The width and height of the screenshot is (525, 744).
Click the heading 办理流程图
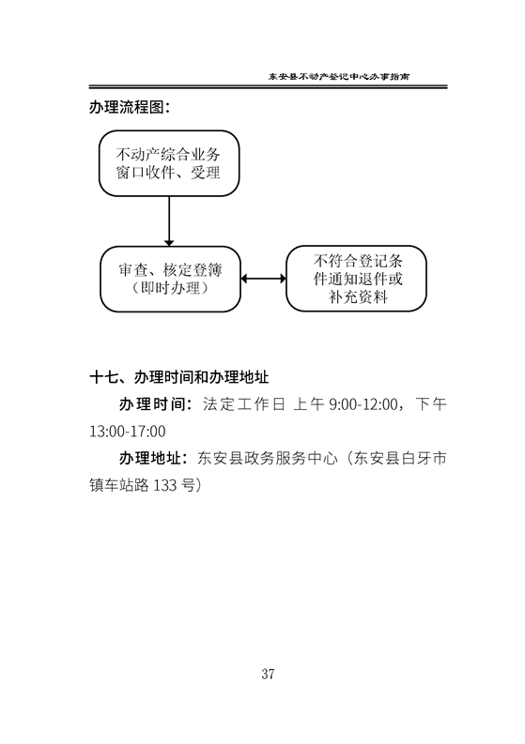[130, 107]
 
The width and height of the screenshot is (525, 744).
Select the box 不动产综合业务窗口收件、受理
[169, 163]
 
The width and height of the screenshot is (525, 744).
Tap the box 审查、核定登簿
[170, 279]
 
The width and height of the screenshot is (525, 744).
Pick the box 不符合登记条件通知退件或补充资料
[356, 279]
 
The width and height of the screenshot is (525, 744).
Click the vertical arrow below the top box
[169, 221]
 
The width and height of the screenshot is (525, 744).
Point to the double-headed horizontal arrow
[263, 279]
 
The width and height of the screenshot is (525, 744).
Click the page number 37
[268, 674]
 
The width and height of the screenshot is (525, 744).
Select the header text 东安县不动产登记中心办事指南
[339, 76]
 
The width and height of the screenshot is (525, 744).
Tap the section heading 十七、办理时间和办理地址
[179, 378]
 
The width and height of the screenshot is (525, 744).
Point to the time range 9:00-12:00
[363, 404]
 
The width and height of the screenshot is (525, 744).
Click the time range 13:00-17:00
[128, 432]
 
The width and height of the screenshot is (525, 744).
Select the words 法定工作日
[244, 404]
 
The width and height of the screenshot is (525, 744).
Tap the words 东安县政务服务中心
[268, 459]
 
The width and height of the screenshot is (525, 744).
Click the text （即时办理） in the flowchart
[170, 288]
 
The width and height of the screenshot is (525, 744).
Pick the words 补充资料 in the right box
[358, 297]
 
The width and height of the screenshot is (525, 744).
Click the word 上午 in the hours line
[309, 404]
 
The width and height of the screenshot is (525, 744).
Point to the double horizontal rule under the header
[268, 87]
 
